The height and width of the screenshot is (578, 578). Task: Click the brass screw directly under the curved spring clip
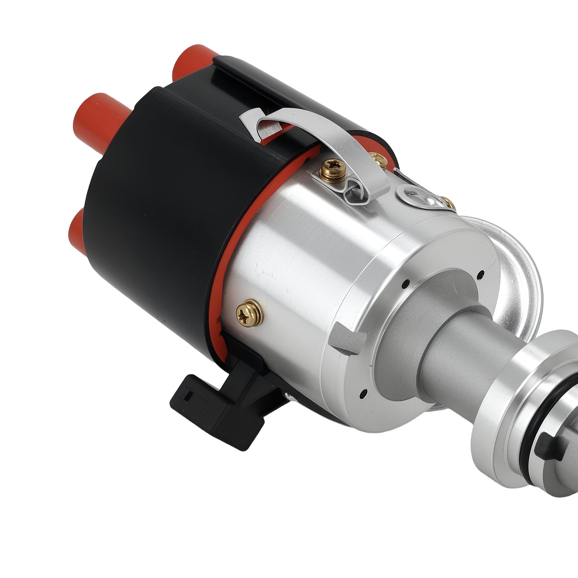click(331, 168)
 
